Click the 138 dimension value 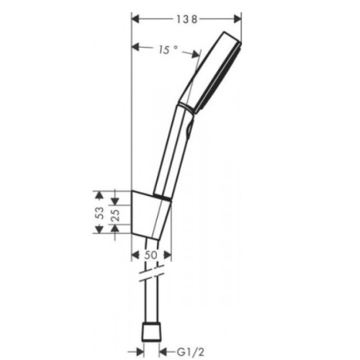pyautogui.click(x=187, y=19)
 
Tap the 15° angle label pyautogui.click(x=168, y=50)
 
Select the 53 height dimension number pyautogui.click(x=101, y=212)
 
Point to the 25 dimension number pyautogui.click(x=116, y=215)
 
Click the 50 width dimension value pyautogui.click(x=150, y=255)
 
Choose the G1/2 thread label pyautogui.click(x=191, y=352)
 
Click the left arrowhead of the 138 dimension pyautogui.click(x=136, y=19)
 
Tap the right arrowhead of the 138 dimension pyautogui.click(x=238, y=19)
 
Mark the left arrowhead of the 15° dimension pyautogui.click(x=136, y=47)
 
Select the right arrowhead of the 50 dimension pyautogui.click(x=168, y=255)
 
